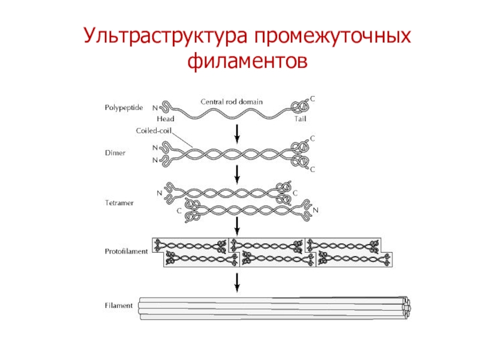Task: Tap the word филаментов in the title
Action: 248,61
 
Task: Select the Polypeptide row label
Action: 121,108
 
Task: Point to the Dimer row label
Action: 114,154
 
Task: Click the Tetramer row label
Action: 119,203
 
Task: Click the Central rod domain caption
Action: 231,102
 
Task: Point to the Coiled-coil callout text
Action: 151,130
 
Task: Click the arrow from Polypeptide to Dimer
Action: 238,133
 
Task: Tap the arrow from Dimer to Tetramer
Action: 238,175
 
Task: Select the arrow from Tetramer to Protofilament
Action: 238,226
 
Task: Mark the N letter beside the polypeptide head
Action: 154,108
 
